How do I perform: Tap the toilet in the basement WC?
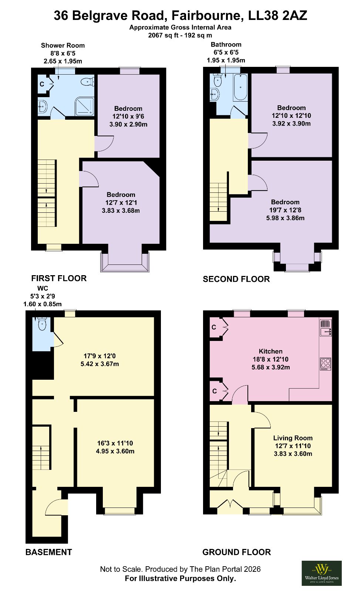coord(42,324)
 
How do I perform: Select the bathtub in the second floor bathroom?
coord(240,87)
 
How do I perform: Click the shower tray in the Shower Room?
coord(84,106)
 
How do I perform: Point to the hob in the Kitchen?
coord(325,364)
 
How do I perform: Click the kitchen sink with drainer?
coord(326,328)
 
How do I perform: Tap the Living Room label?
coord(293,438)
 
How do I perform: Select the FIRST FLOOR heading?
coord(59,279)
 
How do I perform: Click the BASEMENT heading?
coord(48,552)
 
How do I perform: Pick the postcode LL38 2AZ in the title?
coord(277,16)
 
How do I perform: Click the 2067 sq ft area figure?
coord(164,35)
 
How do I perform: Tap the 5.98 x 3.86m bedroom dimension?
coord(285,218)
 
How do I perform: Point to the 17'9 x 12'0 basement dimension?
coord(99,356)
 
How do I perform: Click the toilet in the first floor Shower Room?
coord(87,82)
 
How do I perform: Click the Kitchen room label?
coord(271,351)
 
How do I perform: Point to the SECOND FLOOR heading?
coord(236,279)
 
